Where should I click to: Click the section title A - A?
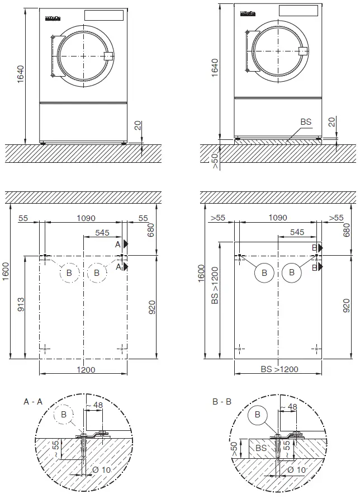coord(33,402)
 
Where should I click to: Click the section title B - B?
coord(223,402)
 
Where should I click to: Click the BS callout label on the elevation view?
coord(306,121)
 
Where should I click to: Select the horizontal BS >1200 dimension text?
coord(278,370)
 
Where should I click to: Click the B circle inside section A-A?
coord(64,415)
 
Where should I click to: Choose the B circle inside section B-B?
coord(258,415)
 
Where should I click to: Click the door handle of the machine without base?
coord(108,55)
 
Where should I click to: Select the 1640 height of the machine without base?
coord(21,74)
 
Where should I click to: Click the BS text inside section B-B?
coord(260,448)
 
